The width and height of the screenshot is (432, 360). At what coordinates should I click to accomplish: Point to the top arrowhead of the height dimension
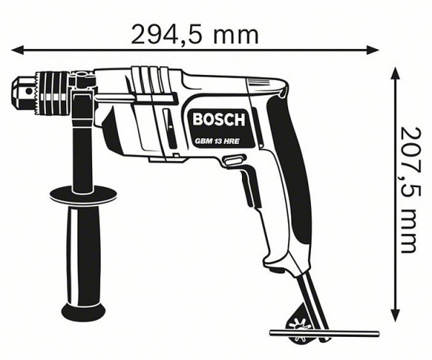click(x=395, y=73)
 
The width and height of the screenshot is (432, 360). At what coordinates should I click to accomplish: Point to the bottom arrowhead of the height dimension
click(x=395, y=318)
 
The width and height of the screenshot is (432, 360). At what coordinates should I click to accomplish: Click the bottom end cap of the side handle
click(x=83, y=311)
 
